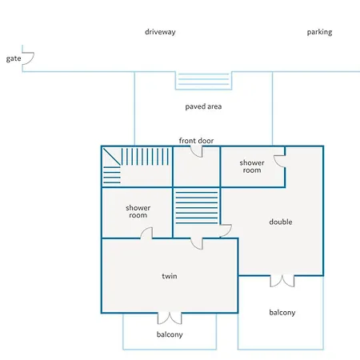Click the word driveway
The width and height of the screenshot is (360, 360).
tap(160, 32)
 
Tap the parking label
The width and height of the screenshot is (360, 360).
tap(319, 32)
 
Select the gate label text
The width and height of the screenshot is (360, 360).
tap(14, 58)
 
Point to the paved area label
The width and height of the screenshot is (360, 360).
tap(203, 106)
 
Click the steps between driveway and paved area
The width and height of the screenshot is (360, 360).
tap(203, 80)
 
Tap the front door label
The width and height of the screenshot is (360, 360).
tap(196, 141)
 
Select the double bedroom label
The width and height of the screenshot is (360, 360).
tap(281, 222)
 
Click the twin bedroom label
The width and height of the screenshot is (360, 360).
tap(170, 276)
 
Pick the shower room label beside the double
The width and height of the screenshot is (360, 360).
tap(252, 166)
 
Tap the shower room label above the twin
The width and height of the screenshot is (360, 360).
tap(138, 211)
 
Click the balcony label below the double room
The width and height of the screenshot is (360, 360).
tap(282, 313)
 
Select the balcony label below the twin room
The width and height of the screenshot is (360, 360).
tap(170, 334)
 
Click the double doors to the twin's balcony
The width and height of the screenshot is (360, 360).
tap(170, 318)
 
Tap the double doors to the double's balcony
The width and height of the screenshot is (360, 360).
tap(282, 281)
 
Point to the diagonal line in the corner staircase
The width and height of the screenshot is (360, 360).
tap(112, 157)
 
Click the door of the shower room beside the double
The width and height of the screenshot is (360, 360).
tap(280, 162)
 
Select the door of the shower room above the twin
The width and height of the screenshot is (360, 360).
tap(147, 233)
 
